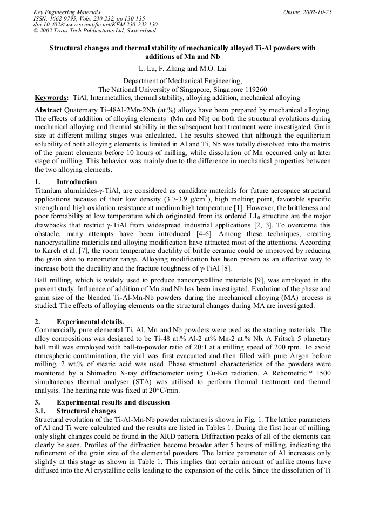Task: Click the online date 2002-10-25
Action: [315, 12]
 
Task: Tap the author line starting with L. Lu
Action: [183, 69]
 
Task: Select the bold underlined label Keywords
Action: [51, 98]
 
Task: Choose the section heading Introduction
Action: [77, 182]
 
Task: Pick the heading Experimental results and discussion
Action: [113, 402]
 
